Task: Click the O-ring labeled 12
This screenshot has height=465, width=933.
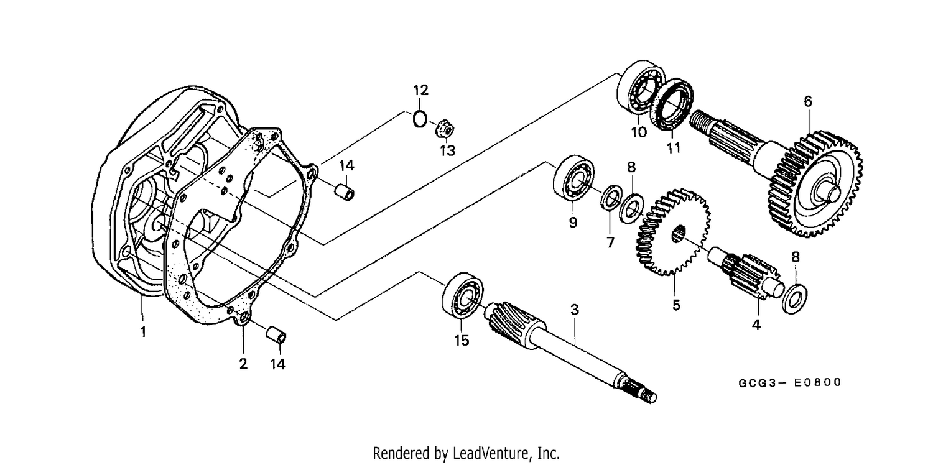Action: pos(420,119)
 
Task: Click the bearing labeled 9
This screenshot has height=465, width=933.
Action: pos(573,178)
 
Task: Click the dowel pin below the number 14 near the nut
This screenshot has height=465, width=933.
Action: pos(345,193)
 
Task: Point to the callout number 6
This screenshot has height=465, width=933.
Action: pos(807,101)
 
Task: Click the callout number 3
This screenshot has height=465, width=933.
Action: pos(575,310)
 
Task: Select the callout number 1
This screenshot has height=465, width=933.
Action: pos(143,332)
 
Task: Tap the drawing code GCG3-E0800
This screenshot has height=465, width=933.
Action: pos(790,382)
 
